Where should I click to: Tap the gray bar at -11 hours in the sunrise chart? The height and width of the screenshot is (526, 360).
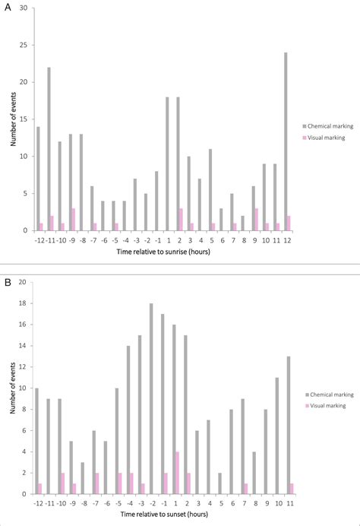point(49,149)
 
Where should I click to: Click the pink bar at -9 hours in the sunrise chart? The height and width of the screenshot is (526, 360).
point(73,220)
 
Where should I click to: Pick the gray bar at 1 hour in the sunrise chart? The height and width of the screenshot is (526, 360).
point(167,163)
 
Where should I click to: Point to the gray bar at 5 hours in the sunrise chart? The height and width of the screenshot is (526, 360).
point(210,189)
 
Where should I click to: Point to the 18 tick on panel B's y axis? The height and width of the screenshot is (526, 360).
point(23,303)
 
